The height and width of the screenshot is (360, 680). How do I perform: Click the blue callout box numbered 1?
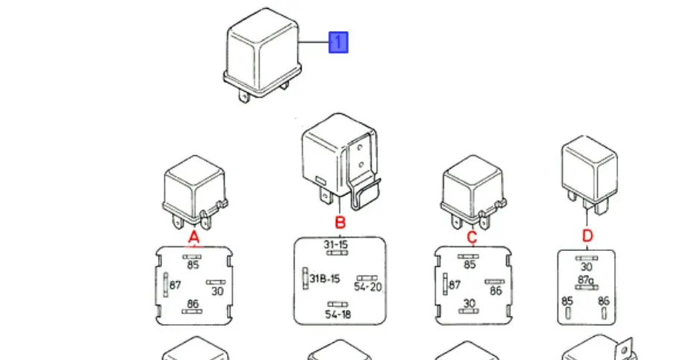pyautogui.click(x=338, y=43)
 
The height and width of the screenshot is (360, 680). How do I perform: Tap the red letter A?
pyautogui.click(x=194, y=238)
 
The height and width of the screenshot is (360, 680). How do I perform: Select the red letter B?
pyautogui.click(x=340, y=222)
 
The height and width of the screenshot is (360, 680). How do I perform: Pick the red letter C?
pyautogui.click(x=472, y=237)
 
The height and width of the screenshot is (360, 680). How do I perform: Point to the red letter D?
pyautogui.click(x=587, y=236)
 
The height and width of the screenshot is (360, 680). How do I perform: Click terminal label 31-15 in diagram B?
pyautogui.click(x=336, y=245)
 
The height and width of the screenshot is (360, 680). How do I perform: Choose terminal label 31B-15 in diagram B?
pyautogui.click(x=325, y=279)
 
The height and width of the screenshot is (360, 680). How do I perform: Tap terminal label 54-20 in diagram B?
pyautogui.click(x=368, y=287)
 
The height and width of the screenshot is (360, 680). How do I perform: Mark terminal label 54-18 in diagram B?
pyautogui.click(x=338, y=314)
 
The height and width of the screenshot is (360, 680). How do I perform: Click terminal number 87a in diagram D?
pyautogui.click(x=585, y=280)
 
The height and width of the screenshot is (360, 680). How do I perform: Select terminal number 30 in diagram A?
pyautogui.click(x=217, y=291)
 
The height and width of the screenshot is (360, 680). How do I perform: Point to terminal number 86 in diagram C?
pyautogui.click(x=496, y=291)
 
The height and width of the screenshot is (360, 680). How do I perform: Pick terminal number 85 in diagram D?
pyautogui.click(x=567, y=300)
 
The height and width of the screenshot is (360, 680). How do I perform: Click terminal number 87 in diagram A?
pyautogui.click(x=175, y=285)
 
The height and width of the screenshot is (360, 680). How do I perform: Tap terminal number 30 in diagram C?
pyautogui.click(x=469, y=303)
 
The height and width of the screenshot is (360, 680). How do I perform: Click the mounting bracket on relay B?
pyautogui.click(x=364, y=173)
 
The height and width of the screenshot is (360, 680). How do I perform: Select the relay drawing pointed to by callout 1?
pyautogui.click(x=263, y=55)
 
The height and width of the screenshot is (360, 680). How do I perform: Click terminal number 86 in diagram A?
pyautogui.click(x=193, y=304)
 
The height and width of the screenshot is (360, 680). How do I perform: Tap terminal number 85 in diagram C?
pyautogui.click(x=470, y=264)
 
